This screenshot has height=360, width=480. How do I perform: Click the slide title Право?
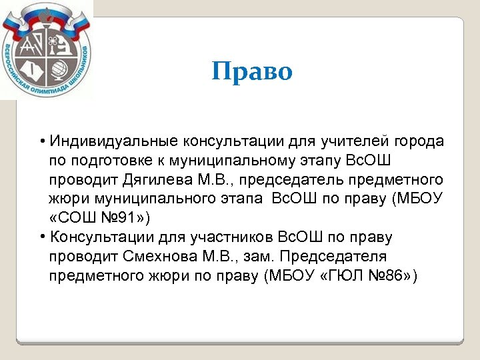point(252,71)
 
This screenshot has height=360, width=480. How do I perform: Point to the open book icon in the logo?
point(33,69)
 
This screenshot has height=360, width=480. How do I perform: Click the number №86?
point(384,276)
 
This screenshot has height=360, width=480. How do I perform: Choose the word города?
point(419,141)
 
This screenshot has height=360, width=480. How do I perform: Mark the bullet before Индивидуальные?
point(41,142)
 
